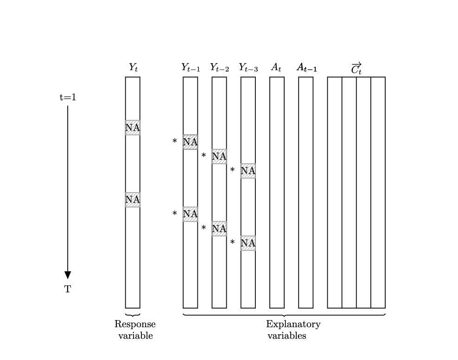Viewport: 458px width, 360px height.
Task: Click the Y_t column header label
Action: click(133, 68)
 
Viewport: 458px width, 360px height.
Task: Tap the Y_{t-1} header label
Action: click(191, 68)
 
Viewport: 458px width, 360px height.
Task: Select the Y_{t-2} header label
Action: click(219, 68)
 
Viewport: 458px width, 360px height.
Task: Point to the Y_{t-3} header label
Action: click(248, 68)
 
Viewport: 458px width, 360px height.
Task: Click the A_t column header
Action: click(276, 68)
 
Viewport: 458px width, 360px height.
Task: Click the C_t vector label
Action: click(356, 69)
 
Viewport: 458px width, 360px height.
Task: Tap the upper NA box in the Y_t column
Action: click(133, 127)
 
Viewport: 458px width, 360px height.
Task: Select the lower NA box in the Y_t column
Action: click(133, 199)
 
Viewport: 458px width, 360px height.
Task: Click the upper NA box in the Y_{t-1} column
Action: click(190, 142)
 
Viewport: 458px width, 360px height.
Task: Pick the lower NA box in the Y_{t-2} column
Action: click(219, 229)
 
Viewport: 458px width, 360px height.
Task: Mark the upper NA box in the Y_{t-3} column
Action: click(248, 171)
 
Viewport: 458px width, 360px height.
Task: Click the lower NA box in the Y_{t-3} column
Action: click(248, 243)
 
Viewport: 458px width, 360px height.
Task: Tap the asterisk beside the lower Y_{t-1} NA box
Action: click(175, 214)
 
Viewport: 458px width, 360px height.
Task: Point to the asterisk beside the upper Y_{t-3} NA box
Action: click(232, 170)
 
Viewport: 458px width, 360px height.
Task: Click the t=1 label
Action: click(68, 97)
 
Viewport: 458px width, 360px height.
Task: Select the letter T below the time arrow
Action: click(68, 289)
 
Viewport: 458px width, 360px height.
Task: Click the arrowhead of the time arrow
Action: click(68, 275)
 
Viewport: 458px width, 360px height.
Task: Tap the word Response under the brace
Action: click(135, 324)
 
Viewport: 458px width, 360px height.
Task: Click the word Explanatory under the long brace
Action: click(293, 324)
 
